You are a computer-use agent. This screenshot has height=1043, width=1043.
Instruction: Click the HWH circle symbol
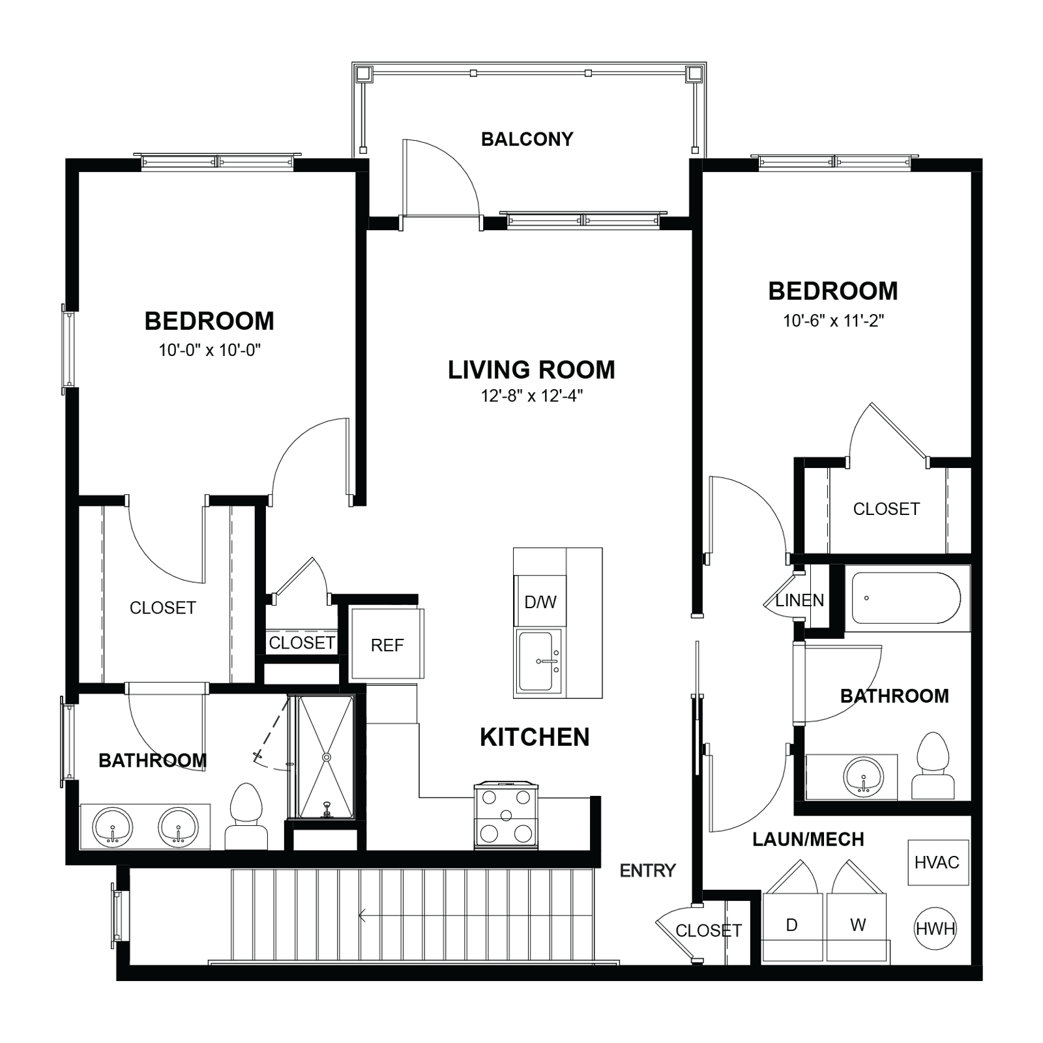pos(935,928)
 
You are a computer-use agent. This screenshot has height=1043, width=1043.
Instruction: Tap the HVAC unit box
pos(937,862)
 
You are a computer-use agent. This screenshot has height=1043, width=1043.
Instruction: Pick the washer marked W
pos(857,926)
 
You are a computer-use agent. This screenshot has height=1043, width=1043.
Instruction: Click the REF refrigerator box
pos(387,643)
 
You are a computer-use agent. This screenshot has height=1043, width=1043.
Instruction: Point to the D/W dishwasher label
pos(540,602)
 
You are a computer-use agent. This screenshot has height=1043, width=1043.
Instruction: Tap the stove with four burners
pos(507,815)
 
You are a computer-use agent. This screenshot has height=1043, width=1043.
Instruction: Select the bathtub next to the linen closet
pos(907,598)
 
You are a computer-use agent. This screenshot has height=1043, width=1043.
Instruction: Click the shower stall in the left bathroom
pos(325,757)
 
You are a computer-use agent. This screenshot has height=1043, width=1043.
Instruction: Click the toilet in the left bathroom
pos(246,816)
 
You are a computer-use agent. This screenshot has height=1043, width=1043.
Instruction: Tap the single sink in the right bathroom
pos(864,776)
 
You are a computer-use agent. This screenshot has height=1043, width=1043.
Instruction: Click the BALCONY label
pos(527,139)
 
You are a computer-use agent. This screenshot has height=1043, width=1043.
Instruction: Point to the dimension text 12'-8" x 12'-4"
pos(532,396)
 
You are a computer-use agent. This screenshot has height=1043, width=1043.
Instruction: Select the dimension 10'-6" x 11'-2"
pos(833,320)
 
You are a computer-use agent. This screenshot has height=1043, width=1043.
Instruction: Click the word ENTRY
pos(647,870)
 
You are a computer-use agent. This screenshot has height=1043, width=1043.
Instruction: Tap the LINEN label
pos(800,600)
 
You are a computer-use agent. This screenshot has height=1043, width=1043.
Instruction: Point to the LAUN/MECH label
pos(808,839)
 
